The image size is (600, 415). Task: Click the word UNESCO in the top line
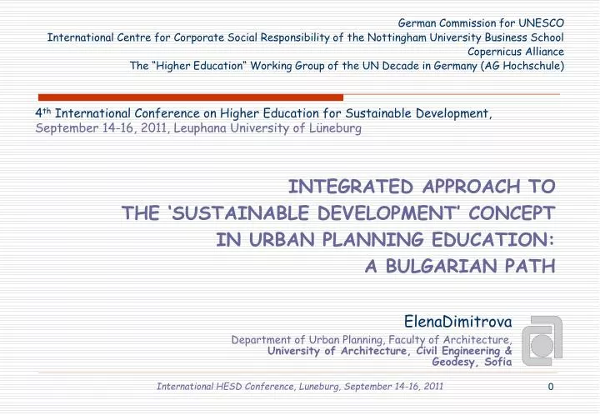tap(542, 22)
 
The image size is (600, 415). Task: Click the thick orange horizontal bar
tap(191, 97)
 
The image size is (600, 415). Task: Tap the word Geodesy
tap(457, 362)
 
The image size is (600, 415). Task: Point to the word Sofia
tap(497, 362)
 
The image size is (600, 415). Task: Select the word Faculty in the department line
tap(392, 340)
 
